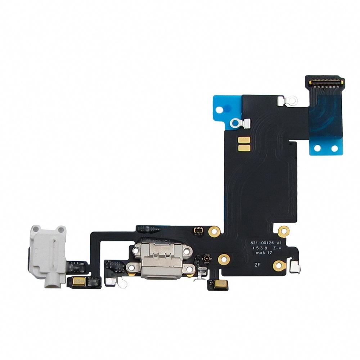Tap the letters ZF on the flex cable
pyautogui.click(x=257, y=265)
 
